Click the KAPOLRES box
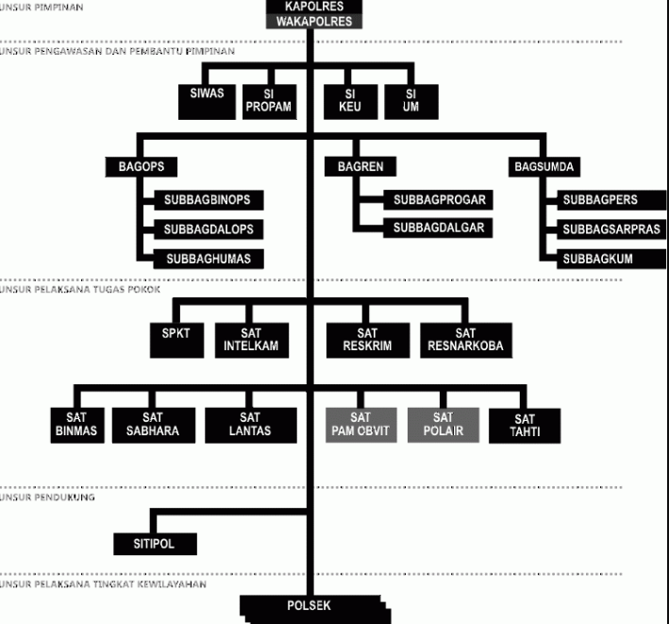(314, 7)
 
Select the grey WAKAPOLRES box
(314, 22)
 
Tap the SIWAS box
(207, 102)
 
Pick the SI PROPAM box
(269, 102)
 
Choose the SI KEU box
(350, 102)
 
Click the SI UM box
(411, 102)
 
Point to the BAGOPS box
(142, 167)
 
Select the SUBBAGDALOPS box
(209, 229)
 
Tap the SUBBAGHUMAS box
(209, 259)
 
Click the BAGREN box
(360, 166)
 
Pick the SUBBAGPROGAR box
(438, 200)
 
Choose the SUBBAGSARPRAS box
(611, 229)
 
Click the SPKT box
(176, 340)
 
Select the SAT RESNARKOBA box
(466, 340)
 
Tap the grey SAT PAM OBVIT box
(361, 425)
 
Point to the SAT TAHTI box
(525, 426)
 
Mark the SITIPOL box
(155, 544)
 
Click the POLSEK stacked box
(315, 610)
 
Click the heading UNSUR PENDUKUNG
(47, 498)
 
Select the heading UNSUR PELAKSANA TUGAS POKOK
(80, 290)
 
